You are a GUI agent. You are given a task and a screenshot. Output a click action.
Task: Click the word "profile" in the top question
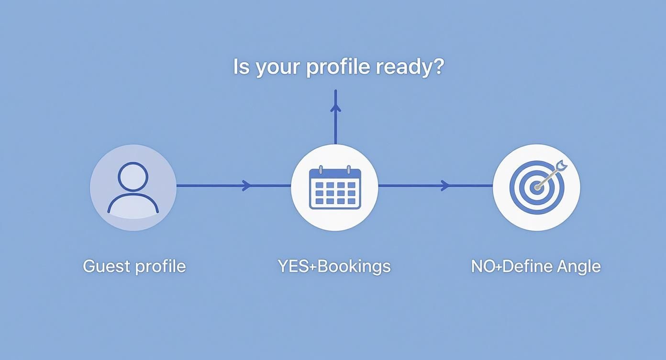338,67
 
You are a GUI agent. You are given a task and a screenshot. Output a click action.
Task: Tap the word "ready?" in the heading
410,67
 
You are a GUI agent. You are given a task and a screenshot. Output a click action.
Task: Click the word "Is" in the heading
242,67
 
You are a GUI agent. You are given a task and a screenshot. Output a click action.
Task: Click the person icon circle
133,187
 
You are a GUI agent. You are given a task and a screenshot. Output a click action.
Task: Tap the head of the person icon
133,176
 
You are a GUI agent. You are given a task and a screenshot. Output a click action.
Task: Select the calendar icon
334,187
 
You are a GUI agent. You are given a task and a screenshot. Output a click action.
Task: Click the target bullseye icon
536,187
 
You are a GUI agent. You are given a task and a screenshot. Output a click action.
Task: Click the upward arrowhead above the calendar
335,107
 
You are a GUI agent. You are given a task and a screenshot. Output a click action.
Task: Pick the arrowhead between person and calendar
247,185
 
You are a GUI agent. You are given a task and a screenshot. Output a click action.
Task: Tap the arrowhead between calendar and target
445,185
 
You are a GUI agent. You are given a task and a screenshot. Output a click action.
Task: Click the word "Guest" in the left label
106,266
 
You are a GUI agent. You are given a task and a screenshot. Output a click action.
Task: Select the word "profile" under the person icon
160,267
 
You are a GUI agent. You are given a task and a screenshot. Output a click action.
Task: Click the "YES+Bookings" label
334,266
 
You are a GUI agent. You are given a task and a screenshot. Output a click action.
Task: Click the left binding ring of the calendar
320,170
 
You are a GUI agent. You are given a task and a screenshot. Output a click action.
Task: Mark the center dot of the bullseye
537,187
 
